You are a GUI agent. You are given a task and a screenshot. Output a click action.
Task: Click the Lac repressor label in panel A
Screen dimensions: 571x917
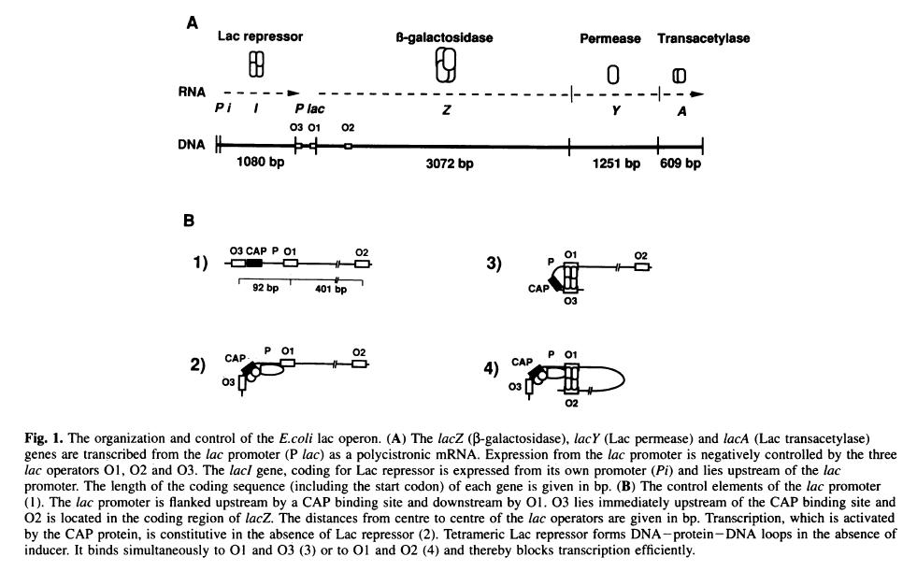[x=260, y=38]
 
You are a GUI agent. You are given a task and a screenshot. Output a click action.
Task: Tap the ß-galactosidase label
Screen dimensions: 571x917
[x=444, y=38]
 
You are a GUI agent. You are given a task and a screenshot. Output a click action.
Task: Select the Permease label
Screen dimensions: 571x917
[x=610, y=38]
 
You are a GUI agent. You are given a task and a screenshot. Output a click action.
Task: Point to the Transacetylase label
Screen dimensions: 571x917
[x=703, y=38]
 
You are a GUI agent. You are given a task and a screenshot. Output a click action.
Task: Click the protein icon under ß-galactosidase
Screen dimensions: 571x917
[x=446, y=64]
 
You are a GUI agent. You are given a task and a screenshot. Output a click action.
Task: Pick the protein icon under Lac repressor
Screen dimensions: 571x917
[x=257, y=64]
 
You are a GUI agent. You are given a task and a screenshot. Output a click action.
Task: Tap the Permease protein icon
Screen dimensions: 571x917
[x=613, y=74]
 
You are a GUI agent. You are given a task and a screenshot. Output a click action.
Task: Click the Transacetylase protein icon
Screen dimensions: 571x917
[x=680, y=74]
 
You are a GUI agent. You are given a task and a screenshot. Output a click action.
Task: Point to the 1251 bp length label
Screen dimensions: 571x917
[x=617, y=164]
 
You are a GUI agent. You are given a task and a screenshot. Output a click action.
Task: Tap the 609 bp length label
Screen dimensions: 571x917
[x=680, y=164]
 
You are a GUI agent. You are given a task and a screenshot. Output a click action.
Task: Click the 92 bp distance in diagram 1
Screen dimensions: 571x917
[x=265, y=288]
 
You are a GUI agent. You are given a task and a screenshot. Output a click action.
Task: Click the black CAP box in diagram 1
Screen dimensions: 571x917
[x=254, y=264]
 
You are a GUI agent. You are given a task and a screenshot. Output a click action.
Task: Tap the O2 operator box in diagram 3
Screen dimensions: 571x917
[x=641, y=266]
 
